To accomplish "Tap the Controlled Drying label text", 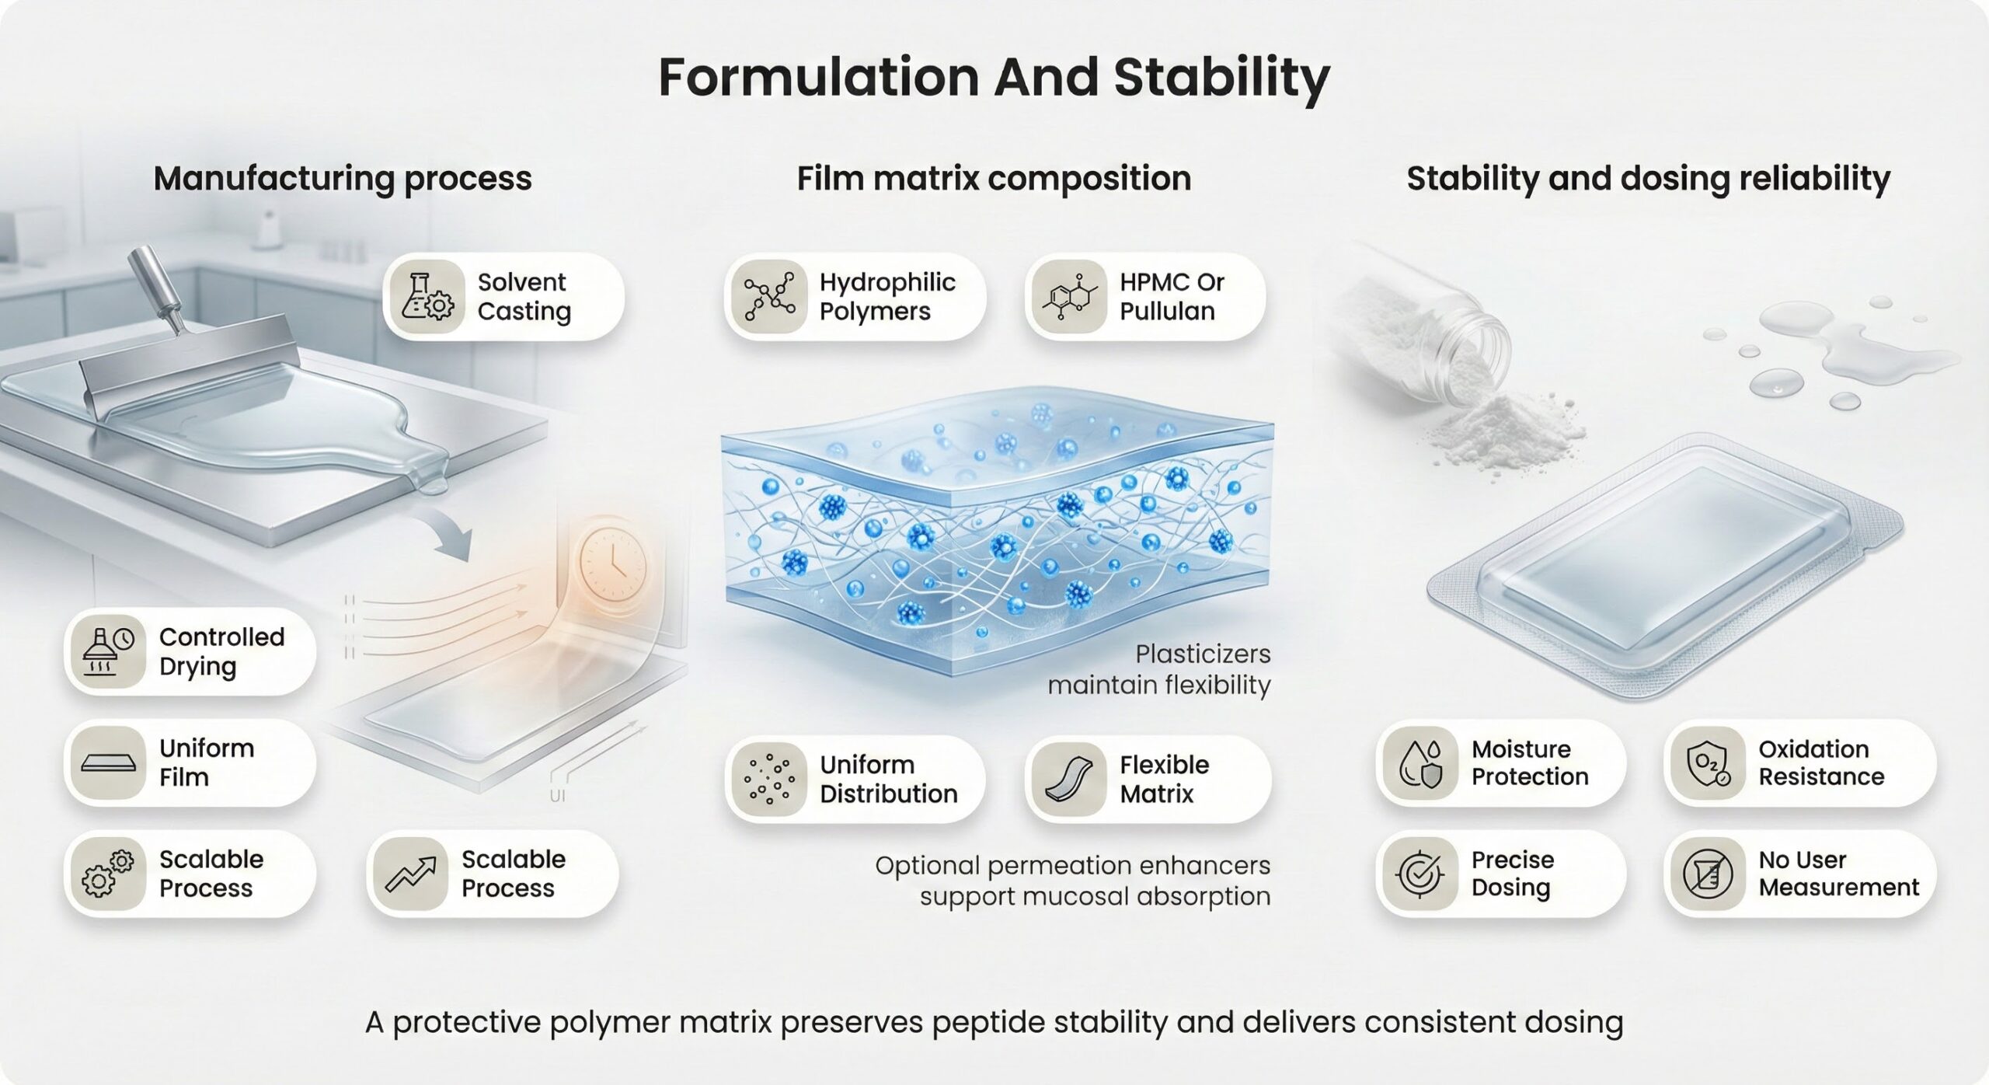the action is pyautogui.click(x=221, y=651).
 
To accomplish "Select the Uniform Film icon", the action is pyautogui.click(x=109, y=762).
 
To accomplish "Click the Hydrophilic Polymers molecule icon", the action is pyautogui.click(x=769, y=296).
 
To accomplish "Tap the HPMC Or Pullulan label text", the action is pyautogui.click(x=1172, y=296).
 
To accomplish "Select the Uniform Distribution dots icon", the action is pyautogui.click(x=769, y=779).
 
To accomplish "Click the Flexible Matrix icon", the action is pyautogui.click(x=1069, y=779).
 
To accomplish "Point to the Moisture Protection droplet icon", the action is pyautogui.click(x=1421, y=763).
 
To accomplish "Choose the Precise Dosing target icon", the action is pyautogui.click(x=1420, y=874).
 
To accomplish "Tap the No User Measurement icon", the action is pyautogui.click(x=1708, y=874).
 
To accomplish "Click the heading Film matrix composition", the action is pyautogui.click(x=994, y=179).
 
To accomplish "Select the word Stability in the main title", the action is pyautogui.click(x=1221, y=78).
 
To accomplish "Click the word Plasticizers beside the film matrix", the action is pyautogui.click(x=1203, y=654).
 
